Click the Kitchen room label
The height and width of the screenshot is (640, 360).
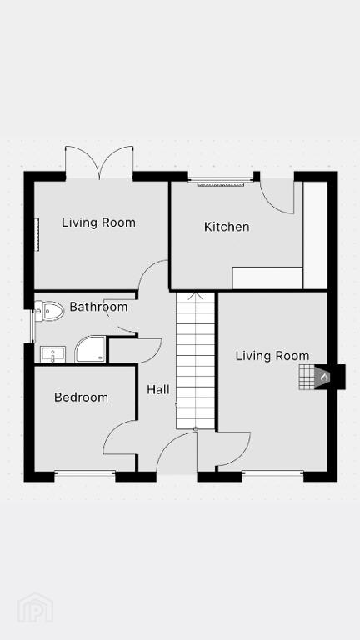click(227, 227)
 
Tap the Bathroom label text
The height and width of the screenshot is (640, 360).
click(98, 307)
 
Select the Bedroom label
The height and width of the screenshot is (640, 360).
click(81, 397)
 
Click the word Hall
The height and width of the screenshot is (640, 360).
click(158, 389)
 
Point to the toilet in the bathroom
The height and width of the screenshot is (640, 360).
click(49, 311)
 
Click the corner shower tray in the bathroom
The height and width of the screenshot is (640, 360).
click(90, 349)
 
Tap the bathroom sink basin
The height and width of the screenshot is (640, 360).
click(52, 354)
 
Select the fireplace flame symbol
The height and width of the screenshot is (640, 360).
click(324, 377)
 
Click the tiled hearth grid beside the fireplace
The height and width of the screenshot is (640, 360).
click(307, 377)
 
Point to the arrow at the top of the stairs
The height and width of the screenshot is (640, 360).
click(196, 296)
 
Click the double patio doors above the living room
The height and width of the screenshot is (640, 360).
click(99, 162)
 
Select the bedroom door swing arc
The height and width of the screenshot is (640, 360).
click(119, 437)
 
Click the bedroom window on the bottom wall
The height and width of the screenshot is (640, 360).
click(85, 473)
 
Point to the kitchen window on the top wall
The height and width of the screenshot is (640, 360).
click(221, 182)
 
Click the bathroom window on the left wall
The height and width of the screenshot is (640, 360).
click(32, 326)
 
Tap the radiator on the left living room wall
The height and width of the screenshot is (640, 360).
click(37, 234)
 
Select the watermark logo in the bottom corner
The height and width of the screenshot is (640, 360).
click(35, 607)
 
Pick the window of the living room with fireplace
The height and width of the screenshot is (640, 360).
click(272, 473)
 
